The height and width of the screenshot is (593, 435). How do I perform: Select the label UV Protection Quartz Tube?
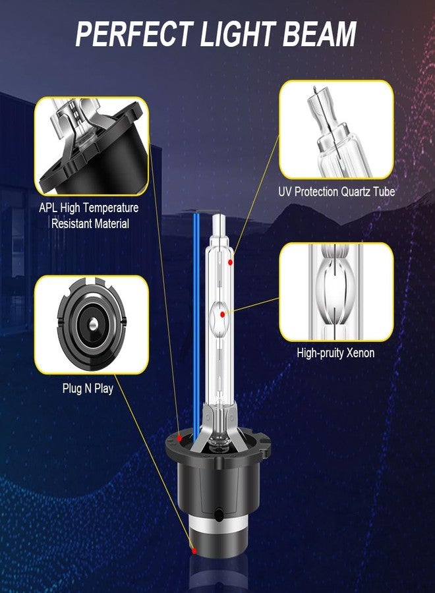click(x=337, y=192)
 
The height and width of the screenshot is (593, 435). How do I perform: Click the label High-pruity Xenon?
click(x=335, y=353)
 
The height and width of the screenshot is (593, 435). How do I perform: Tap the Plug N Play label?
click(x=88, y=388)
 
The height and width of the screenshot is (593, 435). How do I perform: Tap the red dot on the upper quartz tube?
click(x=231, y=262)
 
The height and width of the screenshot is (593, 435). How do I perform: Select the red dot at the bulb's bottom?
click(x=194, y=550)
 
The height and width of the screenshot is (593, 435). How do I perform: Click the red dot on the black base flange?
click(x=179, y=438)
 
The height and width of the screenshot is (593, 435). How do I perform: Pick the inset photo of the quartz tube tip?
click(x=336, y=130)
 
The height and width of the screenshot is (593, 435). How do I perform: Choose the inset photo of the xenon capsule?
click(x=336, y=292)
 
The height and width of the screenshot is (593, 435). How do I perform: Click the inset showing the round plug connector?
click(x=91, y=325)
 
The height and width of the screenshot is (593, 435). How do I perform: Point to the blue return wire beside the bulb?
click(x=196, y=316)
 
